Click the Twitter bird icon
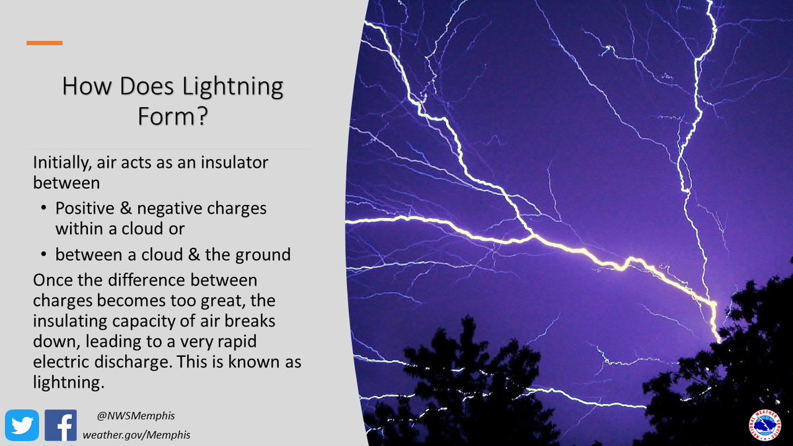tap(22, 426)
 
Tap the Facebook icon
tap(61, 426)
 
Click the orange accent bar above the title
tap(44, 43)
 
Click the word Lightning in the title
tap(232, 87)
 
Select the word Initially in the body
tap(59, 162)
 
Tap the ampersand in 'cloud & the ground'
tap(190, 254)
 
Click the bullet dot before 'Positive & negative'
tap(44, 208)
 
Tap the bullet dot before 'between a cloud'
tap(44, 254)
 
